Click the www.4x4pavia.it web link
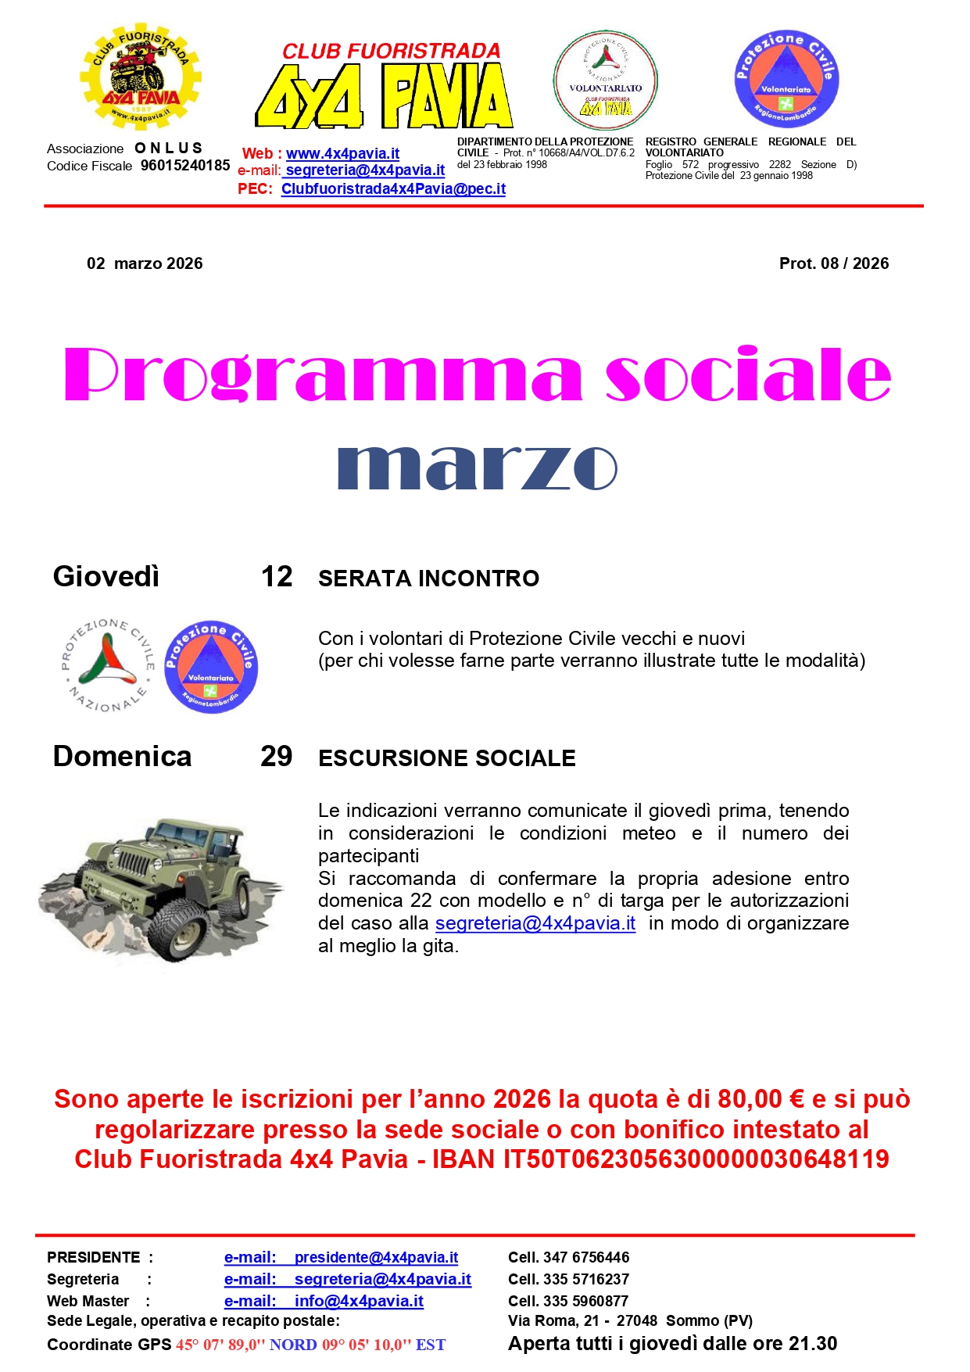(x=342, y=154)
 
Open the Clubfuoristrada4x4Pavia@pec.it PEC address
(x=393, y=189)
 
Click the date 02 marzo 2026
(x=145, y=263)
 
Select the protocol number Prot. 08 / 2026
(x=833, y=263)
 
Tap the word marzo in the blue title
(x=477, y=467)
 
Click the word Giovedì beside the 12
(x=106, y=577)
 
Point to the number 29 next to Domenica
(x=276, y=757)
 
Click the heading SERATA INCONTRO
(x=428, y=579)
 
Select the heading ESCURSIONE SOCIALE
(x=446, y=758)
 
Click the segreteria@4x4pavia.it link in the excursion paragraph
(x=535, y=923)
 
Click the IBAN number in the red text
(x=696, y=1159)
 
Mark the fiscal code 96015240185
(x=185, y=166)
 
